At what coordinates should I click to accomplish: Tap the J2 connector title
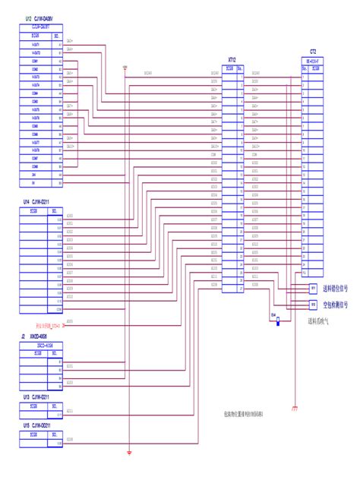pyautogui.click(x=38, y=336)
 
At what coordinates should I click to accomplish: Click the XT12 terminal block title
pyautogui.click(x=232, y=58)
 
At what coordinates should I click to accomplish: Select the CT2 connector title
pyautogui.click(x=312, y=52)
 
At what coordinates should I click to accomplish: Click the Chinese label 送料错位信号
pyautogui.click(x=335, y=289)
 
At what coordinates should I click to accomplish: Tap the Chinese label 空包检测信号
pyautogui.click(x=335, y=305)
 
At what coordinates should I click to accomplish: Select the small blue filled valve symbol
pyautogui.click(x=279, y=321)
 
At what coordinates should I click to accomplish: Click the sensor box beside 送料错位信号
pyautogui.click(x=312, y=289)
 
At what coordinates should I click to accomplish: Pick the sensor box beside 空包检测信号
pyautogui.click(x=312, y=305)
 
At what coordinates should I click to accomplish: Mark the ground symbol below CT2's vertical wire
pyautogui.click(x=293, y=410)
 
